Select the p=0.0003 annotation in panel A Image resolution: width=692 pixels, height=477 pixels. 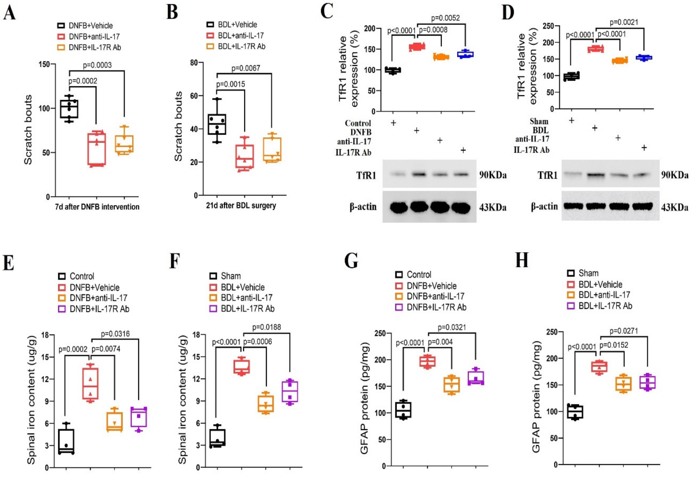(x=97, y=65)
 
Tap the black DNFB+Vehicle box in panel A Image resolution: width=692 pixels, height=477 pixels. (x=69, y=109)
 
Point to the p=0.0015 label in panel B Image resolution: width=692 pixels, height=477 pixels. (x=231, y=84)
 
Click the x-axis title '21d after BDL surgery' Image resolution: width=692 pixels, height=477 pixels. (x=241, y=206)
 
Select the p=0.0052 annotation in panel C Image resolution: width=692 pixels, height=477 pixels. (x=445, y=18)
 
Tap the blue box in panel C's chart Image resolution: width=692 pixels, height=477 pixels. (x=466, y=54)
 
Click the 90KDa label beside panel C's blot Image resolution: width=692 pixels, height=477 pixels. (x=493, y=175)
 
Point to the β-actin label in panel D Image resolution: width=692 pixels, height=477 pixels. (x=544, y=207)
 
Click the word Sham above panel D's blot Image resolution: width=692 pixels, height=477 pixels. (x=539, y=121)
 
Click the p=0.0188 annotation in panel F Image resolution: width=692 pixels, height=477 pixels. (x=267, y=327)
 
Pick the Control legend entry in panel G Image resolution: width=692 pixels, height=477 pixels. (x=419, y=274)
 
